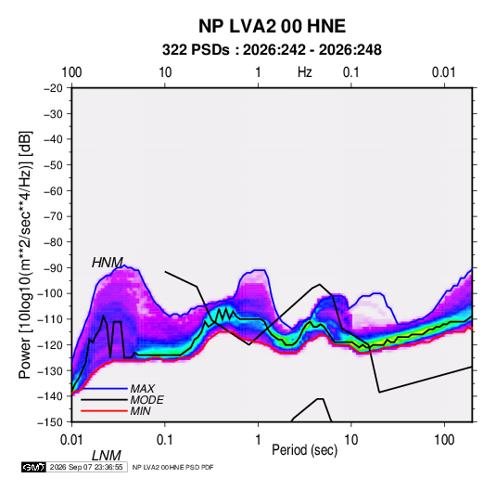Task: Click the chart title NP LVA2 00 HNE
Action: (272, 26)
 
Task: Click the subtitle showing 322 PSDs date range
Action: (272, 50)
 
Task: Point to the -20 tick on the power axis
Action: (53, 88)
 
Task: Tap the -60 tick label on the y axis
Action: (53, 190)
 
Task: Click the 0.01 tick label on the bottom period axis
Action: (71, 440)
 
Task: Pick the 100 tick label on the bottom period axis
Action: (444, 440)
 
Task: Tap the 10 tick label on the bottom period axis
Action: (351, 440)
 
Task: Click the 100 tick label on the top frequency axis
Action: (71, 72)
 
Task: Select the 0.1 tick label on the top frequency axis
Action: (351, 72)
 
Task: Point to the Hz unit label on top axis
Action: (305, 72)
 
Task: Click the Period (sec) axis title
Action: (305, 450)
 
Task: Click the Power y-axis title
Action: (25, 254)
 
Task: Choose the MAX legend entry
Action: (143, 389)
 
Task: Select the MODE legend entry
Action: (146, 400)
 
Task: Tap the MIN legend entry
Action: (140, 411)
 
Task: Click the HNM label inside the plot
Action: (108, 263)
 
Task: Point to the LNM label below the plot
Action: (107, 456)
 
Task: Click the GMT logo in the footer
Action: (33, 467)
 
